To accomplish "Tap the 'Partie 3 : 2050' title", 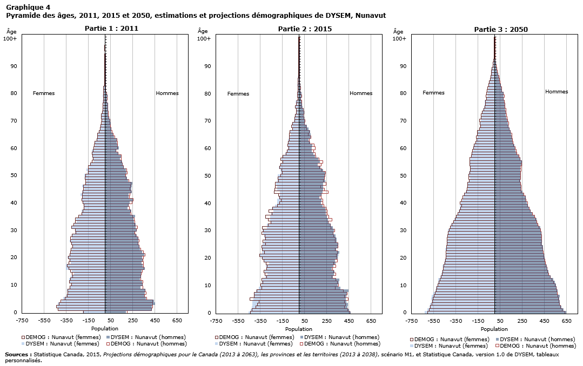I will click(x=500, y=29).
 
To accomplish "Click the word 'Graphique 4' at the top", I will click(x=28, y=7).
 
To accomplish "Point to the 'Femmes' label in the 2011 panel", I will click(x=44, y=93).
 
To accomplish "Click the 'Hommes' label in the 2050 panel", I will click(x=557, y=92).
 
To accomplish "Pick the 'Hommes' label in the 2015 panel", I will click(x=361, y=93).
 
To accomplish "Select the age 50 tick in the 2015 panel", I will click(x=207, y=175).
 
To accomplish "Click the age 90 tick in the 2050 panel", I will click(x=403, y=66).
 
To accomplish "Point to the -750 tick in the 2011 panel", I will click(x=22, y=321).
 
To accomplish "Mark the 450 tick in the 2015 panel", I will click(x=349, y=321).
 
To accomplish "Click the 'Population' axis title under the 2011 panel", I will click(x=105, y=328).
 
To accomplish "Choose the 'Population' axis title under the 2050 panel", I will click(x=494, y=329).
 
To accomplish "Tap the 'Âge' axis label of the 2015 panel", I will click(x=203, y=31).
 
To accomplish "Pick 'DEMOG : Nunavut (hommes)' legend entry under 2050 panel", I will click(x=537, y=345).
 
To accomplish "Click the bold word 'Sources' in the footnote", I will click(x=18, y=354).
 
